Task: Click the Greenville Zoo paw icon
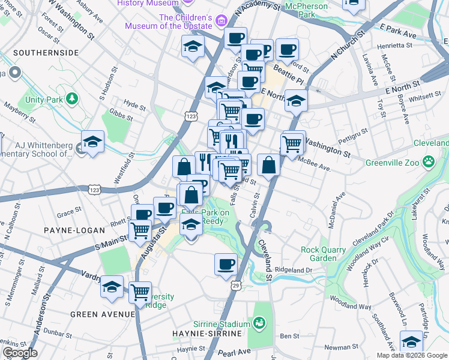(x=428, y=161)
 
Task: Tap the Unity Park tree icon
(x=72, y=98)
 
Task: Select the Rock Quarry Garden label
(x=324, y=254)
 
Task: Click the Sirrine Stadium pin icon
(x=259, y=324)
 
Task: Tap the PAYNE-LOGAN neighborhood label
(x=67, y=230)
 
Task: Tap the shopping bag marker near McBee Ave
(x=269, y=165)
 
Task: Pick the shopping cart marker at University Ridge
(x=140, y=293)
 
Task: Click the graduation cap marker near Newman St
(x=411, y=342)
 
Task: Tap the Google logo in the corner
(x=19, y=353)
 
